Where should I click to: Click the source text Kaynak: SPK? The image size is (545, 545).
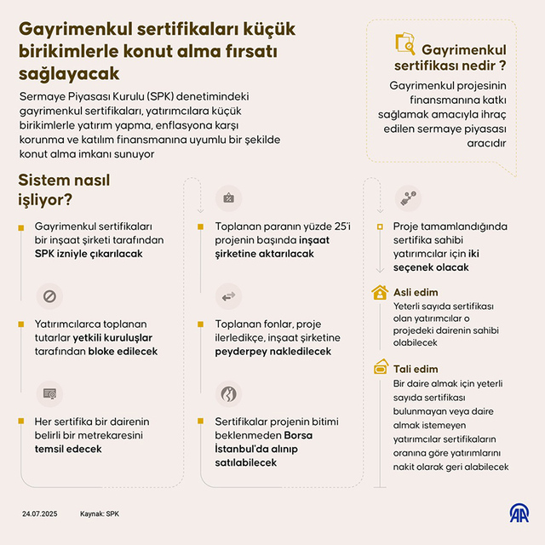point(100,514)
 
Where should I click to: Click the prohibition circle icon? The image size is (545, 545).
point(49,296)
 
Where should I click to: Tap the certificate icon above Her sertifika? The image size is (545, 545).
point(49,393)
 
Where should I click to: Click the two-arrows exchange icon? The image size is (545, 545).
point(228,296)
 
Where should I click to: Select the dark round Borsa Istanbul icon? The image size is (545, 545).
point(228,393)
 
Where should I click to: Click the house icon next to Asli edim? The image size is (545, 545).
point(381,292)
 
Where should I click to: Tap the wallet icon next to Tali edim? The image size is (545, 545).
point(381,368)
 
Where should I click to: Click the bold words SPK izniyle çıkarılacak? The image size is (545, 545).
point(88,254)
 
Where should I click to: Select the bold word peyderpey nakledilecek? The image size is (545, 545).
point(272,351)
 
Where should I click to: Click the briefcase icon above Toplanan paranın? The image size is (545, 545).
point(228,198)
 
